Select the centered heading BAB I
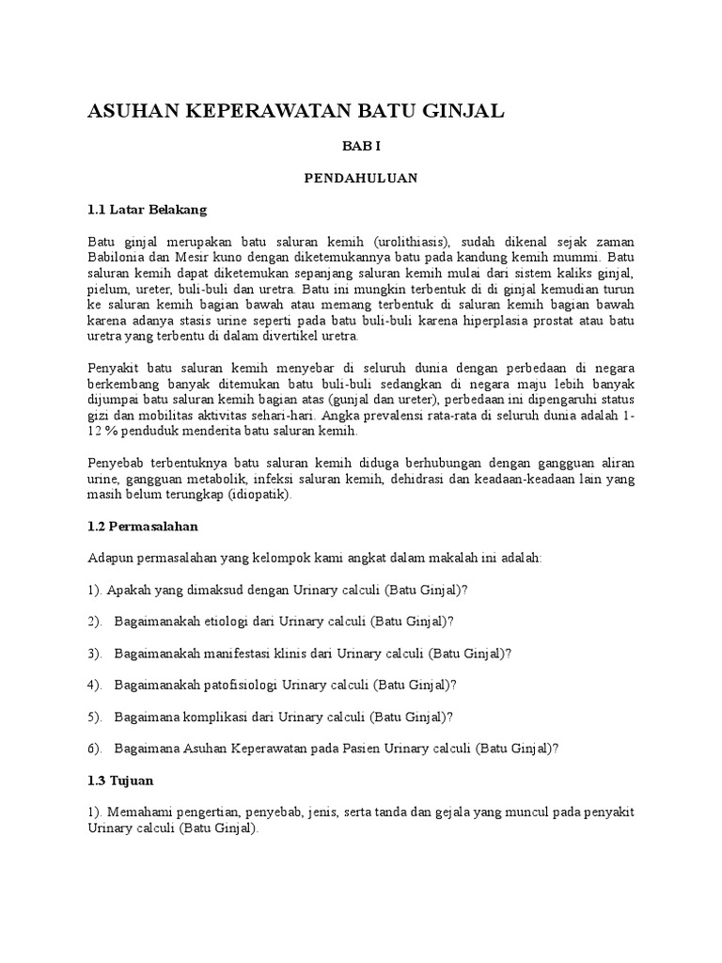(360, 147)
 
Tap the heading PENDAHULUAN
(360, 177)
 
